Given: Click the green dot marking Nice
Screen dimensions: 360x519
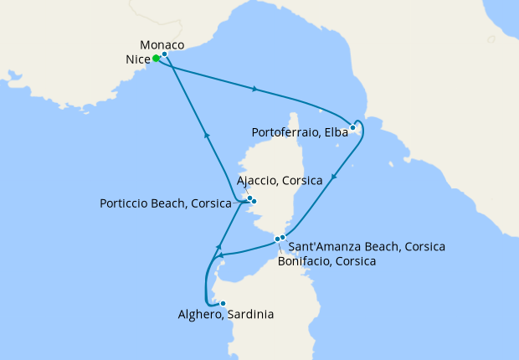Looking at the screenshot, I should point(156,59).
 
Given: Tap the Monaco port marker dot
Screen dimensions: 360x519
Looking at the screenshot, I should point(165,54).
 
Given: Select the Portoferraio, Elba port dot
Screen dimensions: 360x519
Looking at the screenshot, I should point(352,128).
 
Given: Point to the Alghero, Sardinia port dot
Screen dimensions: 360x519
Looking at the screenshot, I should point(223,303).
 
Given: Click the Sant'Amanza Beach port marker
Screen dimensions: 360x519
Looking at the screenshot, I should point(283,238).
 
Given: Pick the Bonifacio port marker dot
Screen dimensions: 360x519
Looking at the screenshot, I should point(277,241).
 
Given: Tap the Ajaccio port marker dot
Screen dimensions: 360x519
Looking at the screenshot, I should point(249,198).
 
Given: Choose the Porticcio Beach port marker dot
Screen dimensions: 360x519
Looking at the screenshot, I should point(254,202).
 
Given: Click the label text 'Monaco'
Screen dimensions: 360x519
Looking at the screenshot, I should point(162,44).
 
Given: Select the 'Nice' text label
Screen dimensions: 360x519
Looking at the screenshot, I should point(137,59).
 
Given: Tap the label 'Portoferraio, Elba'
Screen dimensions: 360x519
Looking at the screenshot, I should point(299,132).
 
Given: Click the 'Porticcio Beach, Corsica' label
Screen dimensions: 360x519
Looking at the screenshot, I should point(167,203).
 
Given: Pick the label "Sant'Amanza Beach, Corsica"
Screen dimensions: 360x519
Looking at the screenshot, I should point(367,247).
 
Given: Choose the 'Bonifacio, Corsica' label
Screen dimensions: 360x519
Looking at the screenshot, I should point(326,261).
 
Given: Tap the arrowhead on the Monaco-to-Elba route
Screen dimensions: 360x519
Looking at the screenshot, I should point(254,88).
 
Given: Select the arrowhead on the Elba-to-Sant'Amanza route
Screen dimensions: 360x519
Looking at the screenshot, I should point(334,177).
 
